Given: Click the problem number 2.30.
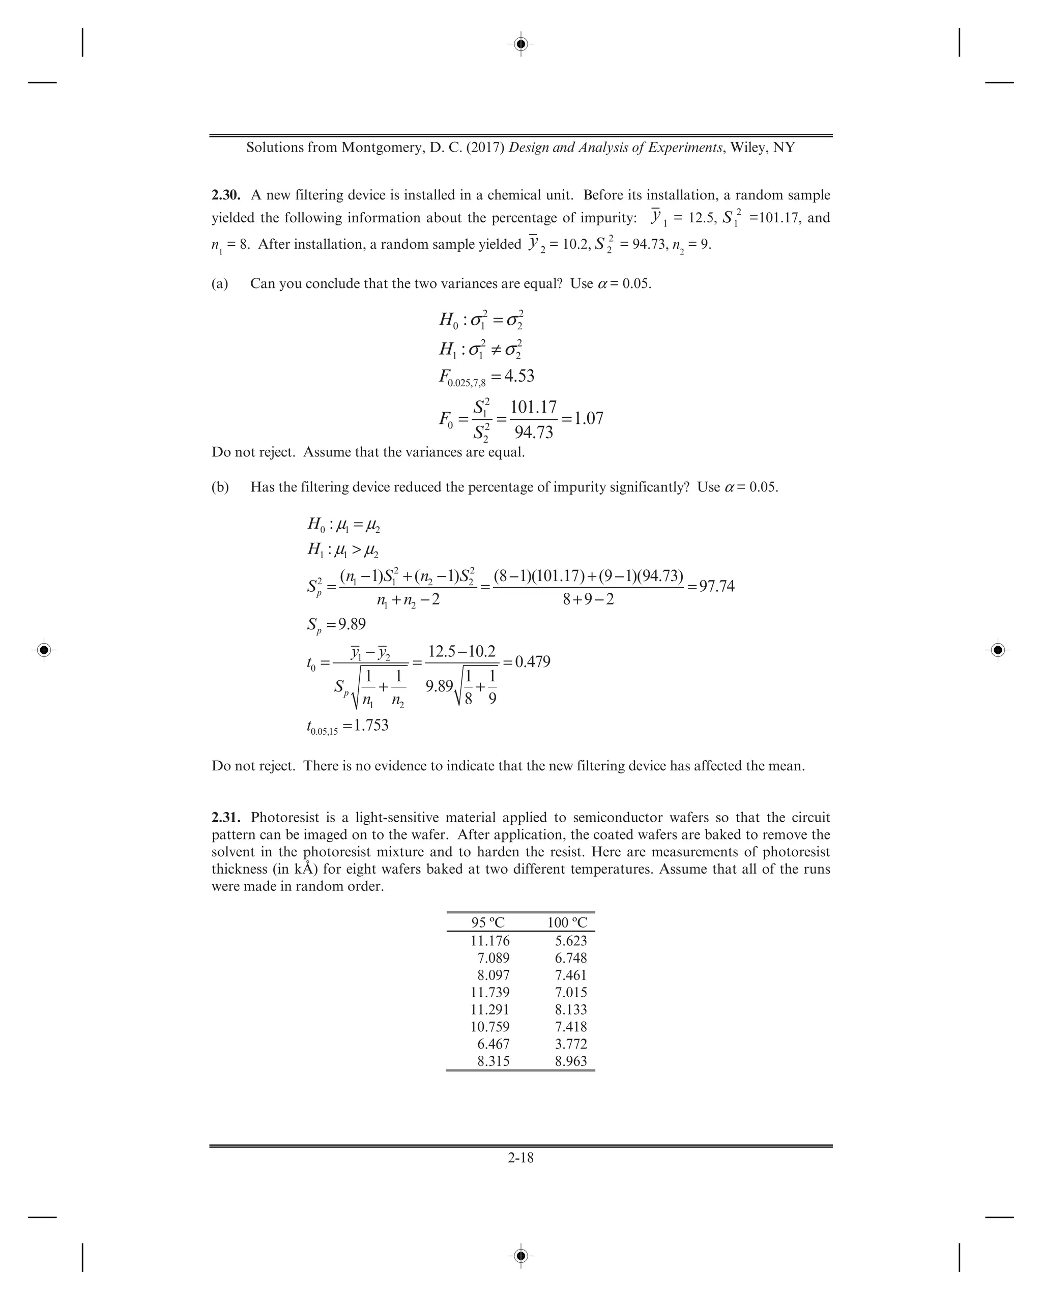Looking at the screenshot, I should pyautogui.click(x=226, y=195).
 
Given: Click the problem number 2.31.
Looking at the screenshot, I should pyautogui.click(x=226, y=818).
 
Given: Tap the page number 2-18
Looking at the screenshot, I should pyautogui.click(x=520, y=1157).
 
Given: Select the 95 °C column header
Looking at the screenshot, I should pyautogui.click(x=488, y=922).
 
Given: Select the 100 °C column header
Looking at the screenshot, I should pyautogui.click(x=567, y=922).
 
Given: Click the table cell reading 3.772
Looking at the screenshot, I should pyautogui.click(x=570, y=1044).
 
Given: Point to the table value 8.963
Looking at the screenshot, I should pyautogui.click(x=570, y=1061).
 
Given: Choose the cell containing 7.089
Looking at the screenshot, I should pyautogui.click(x=493, y=958).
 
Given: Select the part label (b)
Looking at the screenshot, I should pyautogui.click(x=220, y=487).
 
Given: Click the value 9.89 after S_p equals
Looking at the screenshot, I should pyautogui.click(x=352, y=623).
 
